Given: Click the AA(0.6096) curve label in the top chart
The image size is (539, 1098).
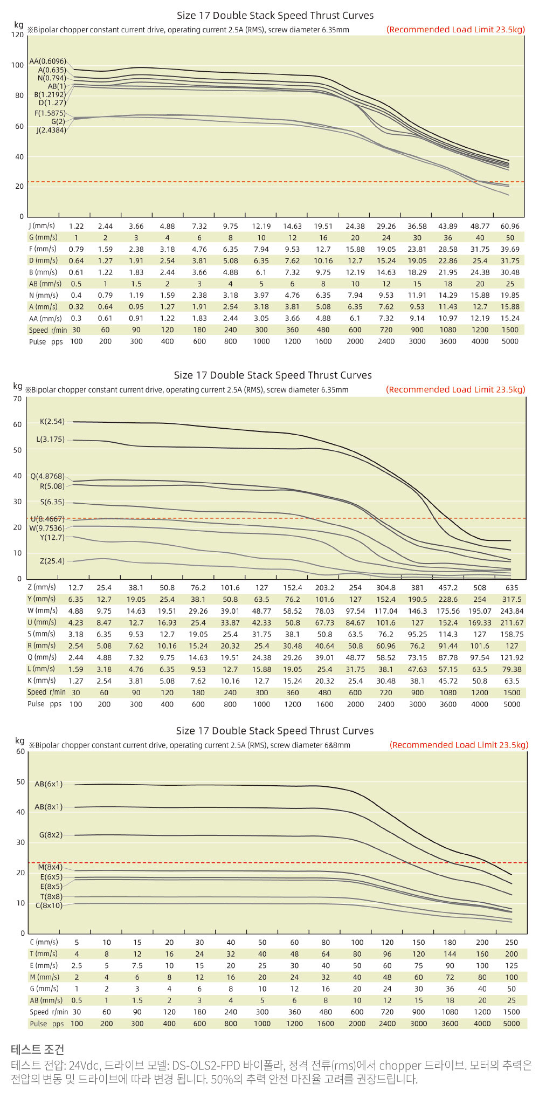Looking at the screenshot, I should [x=47, y=61].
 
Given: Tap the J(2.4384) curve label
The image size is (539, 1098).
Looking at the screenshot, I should [x=51, y=130].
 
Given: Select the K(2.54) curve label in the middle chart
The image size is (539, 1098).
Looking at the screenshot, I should [x=52, y=421].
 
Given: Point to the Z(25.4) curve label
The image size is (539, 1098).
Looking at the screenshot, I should [x=52, y=561].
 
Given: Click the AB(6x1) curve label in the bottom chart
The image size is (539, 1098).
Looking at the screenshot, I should [x=49, y=784].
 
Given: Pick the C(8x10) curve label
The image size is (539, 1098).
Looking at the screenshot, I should [x=49, y=905].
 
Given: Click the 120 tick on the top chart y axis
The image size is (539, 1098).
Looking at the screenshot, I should [x=17, y=35].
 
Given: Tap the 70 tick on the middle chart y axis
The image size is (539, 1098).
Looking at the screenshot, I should [x=17, y=399].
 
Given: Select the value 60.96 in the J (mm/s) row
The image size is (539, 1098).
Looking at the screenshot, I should [x=510, y=227].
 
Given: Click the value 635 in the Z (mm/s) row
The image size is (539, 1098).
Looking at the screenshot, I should [x=512, y=588].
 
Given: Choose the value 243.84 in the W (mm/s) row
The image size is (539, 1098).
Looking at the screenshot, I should [x=512, y=611].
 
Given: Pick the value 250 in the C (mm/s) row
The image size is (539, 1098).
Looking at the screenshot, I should [x=512, y=942].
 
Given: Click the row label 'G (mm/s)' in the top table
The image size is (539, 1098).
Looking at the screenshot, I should [x=43, y=237].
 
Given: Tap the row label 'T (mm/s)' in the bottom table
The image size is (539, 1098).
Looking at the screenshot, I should [x=44, y=953].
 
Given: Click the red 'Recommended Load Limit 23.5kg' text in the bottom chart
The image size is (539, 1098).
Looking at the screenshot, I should [x=459, y=745].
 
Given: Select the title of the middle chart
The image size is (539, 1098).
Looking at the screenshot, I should [x=273, y=375].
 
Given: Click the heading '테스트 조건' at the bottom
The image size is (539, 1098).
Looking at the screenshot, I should [x=37, y=1049].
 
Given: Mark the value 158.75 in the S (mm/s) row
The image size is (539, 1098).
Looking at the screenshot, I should [x=512, y=634].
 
